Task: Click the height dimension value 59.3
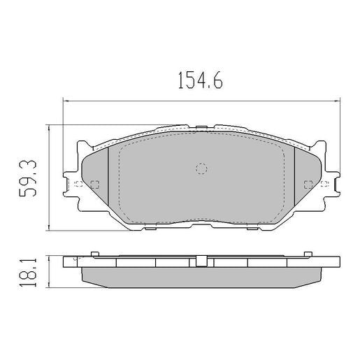[30, 177]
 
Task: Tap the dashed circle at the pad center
[201, 168]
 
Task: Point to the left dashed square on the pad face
[95, 185]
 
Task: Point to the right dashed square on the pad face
[308, 185]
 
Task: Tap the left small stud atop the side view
[93, 253]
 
